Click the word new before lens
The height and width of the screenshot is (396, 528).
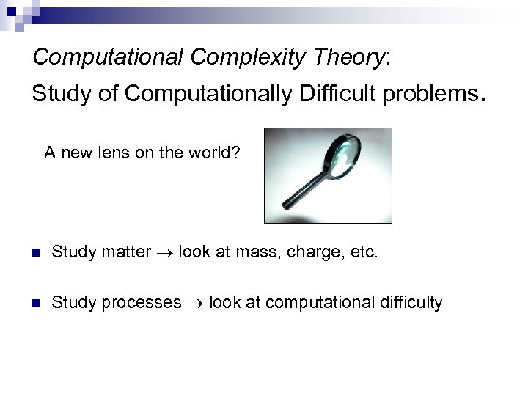click(76, 153)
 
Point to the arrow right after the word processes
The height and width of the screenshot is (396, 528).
click(194, 303)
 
